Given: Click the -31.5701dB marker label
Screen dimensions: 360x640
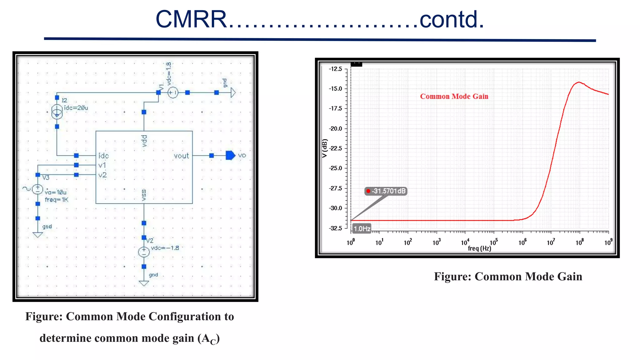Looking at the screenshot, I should [386, 191].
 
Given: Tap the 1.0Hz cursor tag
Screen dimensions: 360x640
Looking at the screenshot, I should [362, 228].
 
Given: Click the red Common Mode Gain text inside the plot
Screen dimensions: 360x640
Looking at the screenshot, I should [454, 96].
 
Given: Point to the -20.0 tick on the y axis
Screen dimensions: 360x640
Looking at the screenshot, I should [336, 128].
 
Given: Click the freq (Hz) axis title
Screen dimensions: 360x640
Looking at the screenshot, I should [479, 248].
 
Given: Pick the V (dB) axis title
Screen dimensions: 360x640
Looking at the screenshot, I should [324, 148].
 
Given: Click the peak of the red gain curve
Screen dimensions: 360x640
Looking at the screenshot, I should [579, 82].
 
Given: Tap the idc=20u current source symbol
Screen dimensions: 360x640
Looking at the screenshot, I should [57, 112].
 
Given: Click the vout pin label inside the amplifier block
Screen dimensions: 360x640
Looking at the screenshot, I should [181, 156].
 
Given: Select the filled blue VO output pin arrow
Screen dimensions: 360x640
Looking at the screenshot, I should [230, 155].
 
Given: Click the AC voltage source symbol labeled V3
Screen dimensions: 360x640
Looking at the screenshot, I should [37, 189].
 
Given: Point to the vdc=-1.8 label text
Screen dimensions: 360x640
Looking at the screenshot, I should [165, 248].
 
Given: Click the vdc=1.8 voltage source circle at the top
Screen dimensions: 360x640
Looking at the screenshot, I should [173, 92].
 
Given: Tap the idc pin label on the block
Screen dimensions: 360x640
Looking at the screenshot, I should [103, 156].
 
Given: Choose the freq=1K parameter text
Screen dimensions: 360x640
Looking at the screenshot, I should [56, 200].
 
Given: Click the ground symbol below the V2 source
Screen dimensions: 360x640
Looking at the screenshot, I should [144, 283].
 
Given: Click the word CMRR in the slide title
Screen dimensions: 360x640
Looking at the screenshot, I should [191, 19].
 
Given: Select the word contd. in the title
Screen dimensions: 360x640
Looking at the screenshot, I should [452, 19].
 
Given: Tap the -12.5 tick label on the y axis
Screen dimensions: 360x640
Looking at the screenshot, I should [336, 69].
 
